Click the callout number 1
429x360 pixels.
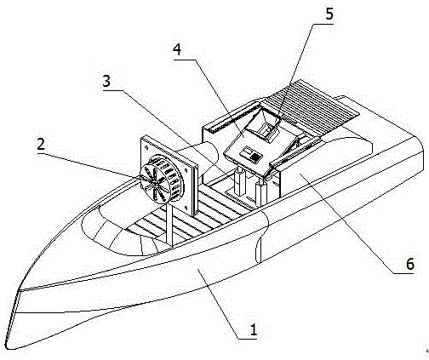pyautogui.click(x=253, y=330)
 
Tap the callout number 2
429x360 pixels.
pyautogui.click(x=41, y=144)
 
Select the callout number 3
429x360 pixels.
pyautogui.click(x=106, y=81)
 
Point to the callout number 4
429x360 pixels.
pyautogui.click(x=177, y=50)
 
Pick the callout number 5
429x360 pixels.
pyautogui.click(x=329, y=14)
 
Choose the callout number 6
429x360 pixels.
pyautogui.click(x=410, y=264)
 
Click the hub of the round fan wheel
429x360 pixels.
pyautogui.click(x=155, y=183)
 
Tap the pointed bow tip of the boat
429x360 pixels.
pyautogui.click(x=9, y=347)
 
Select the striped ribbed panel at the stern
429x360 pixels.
pyautogui.click(x=312, y=108)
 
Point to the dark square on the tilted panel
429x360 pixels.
pyautogui.click(x=256, y=157)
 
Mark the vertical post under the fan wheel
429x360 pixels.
pyautogui.click(x=169, y=224)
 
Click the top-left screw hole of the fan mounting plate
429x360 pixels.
pyautogui.click(x=146, y=148)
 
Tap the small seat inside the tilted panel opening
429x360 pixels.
pyautogui.click(x=268, y=131)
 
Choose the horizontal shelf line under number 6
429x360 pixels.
pyautogui.click(x=403, y=273)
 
